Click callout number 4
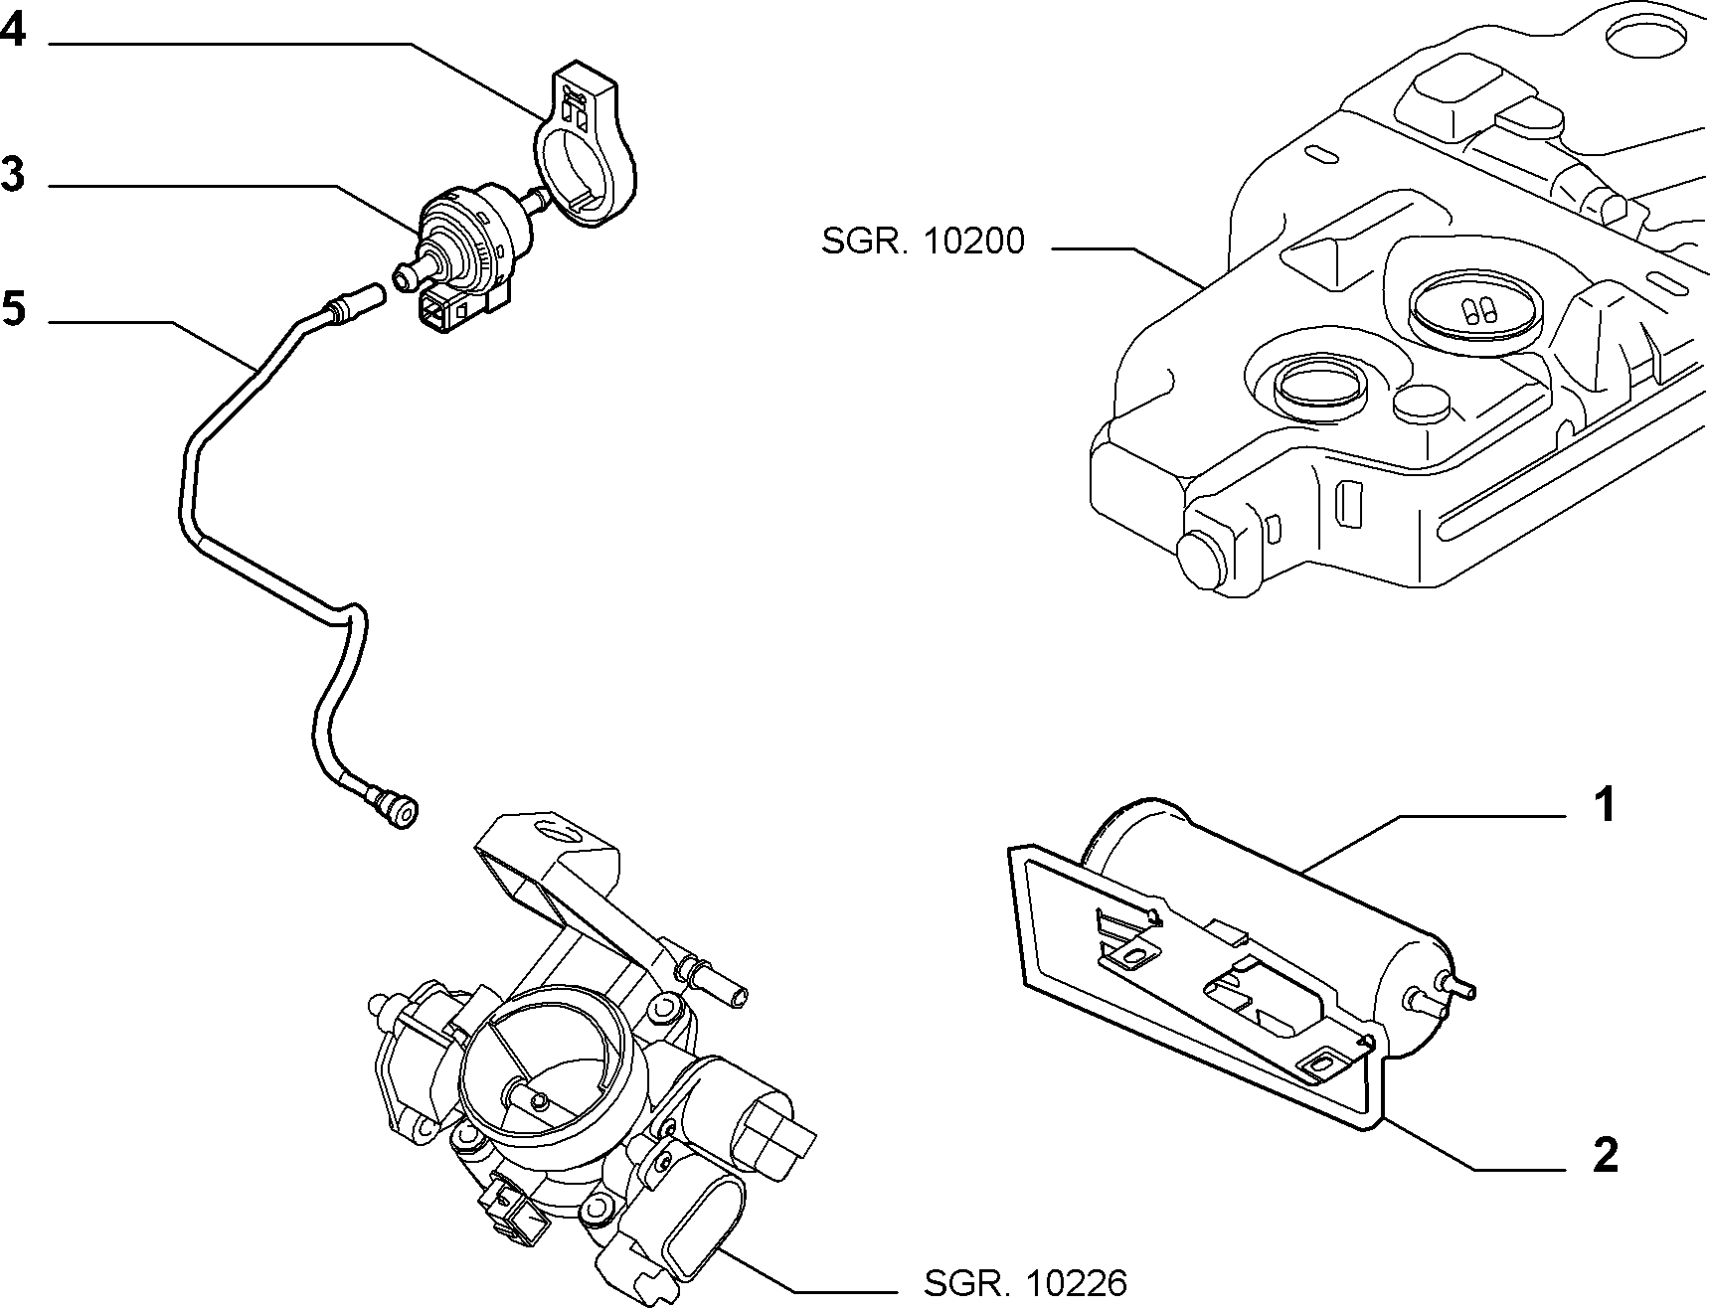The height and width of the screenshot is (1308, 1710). (13, 33)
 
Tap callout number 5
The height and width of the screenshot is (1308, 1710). (13, 308)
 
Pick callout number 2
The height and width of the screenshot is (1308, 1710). (1605, 1155)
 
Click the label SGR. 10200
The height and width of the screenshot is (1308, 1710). (923, 242)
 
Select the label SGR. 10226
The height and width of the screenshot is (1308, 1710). (1026, 1283)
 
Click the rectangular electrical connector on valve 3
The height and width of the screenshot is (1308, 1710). (445, 311)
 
